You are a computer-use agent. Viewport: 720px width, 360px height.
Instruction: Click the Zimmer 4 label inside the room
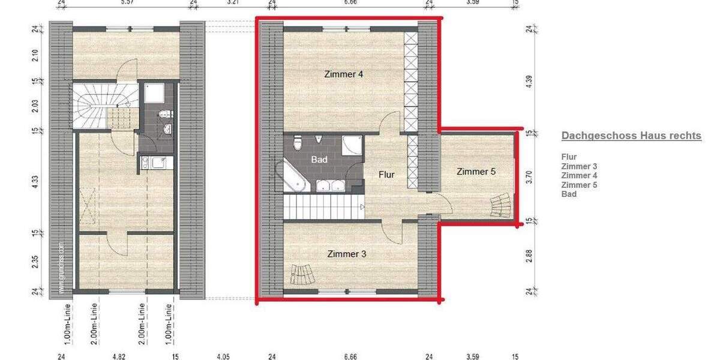tap(344, 74)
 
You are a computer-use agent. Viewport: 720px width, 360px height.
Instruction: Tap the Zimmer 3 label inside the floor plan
tap(347, 254)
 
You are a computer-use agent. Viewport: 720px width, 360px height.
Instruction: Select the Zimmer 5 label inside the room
tap(476, 172)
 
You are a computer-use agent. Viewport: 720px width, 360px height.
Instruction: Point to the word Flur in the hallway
tap(386, 175)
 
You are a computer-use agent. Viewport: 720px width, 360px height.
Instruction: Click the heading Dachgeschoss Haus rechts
tap(631, 136)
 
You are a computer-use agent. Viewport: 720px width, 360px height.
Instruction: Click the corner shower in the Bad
tap(352, 146)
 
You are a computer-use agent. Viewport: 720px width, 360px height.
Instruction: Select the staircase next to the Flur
tap(320, 207)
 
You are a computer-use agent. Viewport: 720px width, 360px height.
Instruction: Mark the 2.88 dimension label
tap(529, 256)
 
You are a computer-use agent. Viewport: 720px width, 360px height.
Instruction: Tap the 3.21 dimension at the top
tap(233, 3)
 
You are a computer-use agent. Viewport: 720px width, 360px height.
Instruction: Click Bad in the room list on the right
tap(569, 194)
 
